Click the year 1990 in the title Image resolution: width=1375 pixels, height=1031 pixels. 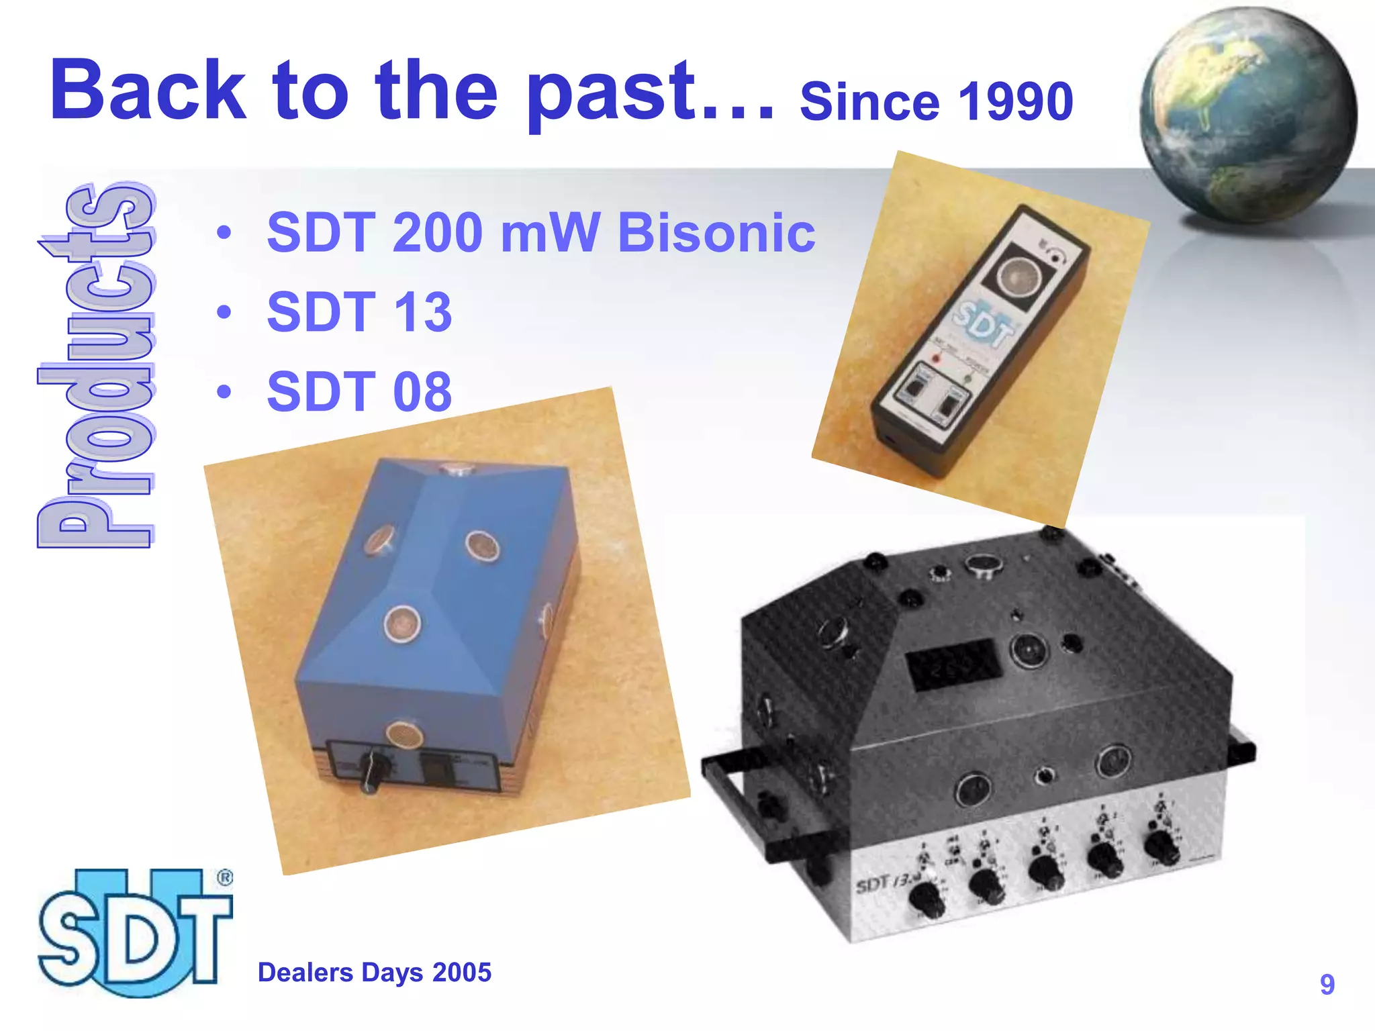tap(1015, 102)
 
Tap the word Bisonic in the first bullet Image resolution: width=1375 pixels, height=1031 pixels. tap(716, 233)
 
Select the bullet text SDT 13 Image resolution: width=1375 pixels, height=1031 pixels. tap(359, 312)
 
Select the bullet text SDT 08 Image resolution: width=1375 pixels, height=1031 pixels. tap(359, 392)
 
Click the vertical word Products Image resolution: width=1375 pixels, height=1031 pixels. tap(96, 366)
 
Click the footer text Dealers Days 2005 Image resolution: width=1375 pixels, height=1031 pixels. tap(374, 973)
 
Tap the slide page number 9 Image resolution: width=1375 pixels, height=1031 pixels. tap(1327, 985)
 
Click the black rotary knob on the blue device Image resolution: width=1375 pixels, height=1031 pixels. tap(371, 772)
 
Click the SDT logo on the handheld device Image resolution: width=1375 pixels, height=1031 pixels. tap(984, 326)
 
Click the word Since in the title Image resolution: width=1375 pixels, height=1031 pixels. tap(871, 102)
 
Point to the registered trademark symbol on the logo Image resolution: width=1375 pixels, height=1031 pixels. tap(225, 878)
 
